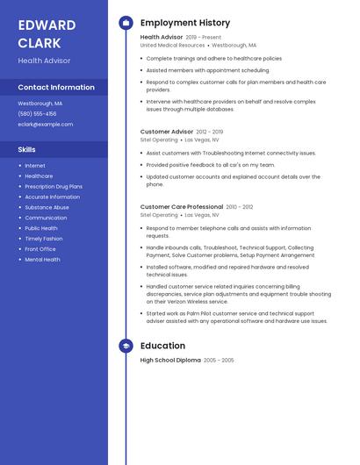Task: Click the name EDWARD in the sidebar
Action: coord(47,25)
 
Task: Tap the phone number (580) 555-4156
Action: coord(37,113)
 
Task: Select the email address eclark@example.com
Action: coord(46,124)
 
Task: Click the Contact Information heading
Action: coord(56,87)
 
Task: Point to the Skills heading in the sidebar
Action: coord(26,149)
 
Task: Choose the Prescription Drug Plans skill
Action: coord(54,186)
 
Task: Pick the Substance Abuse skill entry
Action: coord(47,207)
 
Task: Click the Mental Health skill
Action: coord(42,260)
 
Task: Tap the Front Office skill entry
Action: coord(40,249)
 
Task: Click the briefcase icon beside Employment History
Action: coord(126,23)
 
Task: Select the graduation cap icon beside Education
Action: coord(126,346)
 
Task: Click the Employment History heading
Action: coord(184,23)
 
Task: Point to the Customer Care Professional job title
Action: coord(182,207)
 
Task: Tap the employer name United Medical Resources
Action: coord(172,45)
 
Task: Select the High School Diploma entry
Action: coord(170,361)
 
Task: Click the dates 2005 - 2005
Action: coord(219,361)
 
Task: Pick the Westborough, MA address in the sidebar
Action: coord(40,103)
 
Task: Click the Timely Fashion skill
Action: coord(44,239)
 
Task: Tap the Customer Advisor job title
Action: coord(167,132)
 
